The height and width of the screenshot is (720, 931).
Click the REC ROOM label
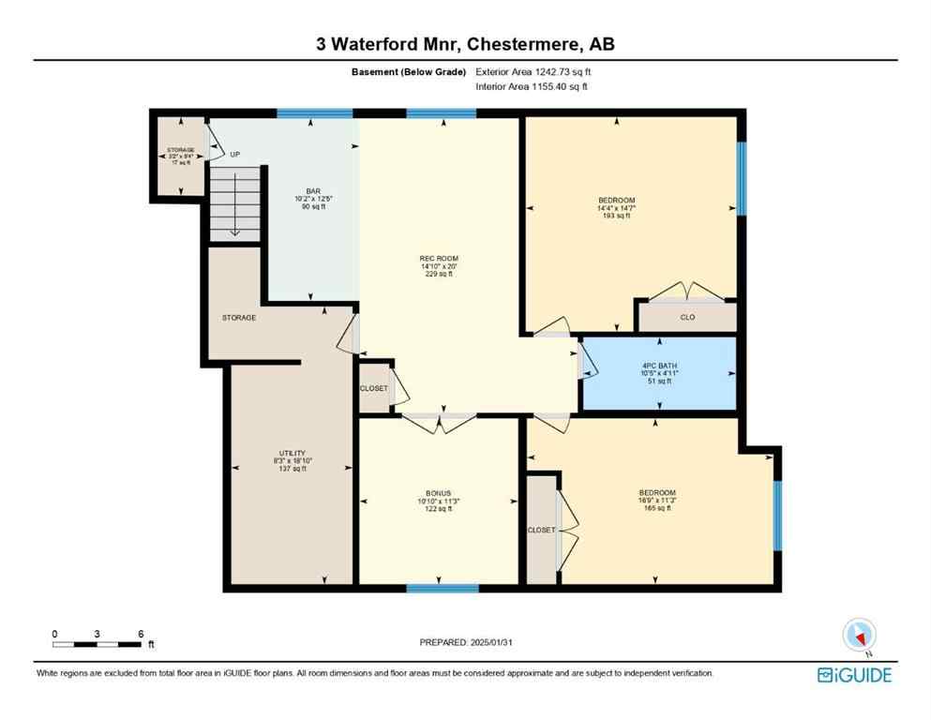(439, 259)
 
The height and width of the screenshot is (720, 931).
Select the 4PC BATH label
(659, 366)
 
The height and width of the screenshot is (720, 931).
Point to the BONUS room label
(439, 494)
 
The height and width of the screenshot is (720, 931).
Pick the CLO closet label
(687, 318)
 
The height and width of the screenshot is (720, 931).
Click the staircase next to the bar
(234, 202)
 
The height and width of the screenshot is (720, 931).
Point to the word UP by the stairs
(235, 155)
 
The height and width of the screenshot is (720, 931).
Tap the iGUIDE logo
(853, 675)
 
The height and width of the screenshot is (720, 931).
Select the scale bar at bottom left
(98, 644)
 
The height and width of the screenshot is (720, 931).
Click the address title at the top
(465, 44)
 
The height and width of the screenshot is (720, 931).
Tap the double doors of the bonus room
(439, 422)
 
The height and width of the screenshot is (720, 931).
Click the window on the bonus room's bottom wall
(443, 589)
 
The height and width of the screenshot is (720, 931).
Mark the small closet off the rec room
(374, 388)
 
